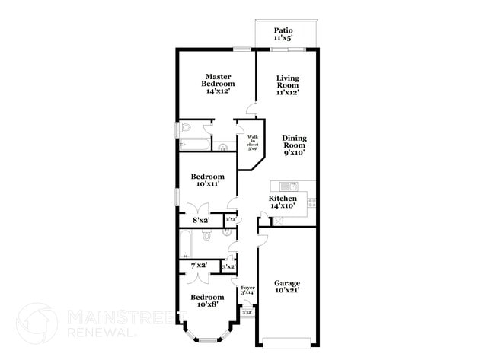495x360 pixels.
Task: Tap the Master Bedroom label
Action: (217, 83)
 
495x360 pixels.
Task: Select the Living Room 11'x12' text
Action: (287, 84)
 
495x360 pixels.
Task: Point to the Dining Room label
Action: (294, 145)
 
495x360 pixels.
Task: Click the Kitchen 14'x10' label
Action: (283, 202)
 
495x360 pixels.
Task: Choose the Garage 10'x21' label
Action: (287, 286)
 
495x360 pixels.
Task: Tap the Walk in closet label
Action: (253, 142)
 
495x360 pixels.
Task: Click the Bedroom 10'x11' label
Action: (207, 180)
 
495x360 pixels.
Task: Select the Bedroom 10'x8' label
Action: (207, 300)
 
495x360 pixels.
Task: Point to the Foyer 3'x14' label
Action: (247, 289)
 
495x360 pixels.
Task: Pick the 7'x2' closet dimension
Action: (199, 265)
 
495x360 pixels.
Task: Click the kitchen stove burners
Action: (312, 202)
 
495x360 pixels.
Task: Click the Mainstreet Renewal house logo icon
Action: (37, 323)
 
